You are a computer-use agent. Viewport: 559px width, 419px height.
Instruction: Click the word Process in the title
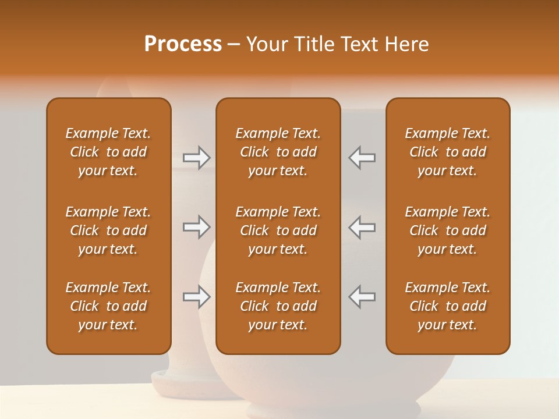183,44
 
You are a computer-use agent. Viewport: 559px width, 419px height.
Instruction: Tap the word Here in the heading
406,44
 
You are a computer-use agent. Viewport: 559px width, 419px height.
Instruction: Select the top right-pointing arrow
197,158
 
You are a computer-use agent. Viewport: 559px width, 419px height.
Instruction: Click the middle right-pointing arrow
197,227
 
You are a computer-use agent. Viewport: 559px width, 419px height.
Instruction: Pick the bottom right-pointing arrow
197,297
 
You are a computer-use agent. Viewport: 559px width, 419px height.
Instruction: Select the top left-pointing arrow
362,158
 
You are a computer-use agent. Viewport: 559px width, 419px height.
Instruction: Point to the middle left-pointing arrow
362,227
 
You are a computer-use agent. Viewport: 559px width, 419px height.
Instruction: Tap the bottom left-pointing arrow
362,297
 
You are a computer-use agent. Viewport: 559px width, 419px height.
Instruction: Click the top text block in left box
108,152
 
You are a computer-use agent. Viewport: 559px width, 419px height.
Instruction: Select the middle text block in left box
108,230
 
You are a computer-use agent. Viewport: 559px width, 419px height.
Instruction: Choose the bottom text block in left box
108,306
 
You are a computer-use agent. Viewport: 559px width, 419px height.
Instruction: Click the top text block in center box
278,152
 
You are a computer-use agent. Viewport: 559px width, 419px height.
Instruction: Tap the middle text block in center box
278,230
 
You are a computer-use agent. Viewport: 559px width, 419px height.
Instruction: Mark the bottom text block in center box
278,306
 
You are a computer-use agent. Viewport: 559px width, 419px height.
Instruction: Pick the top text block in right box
447,152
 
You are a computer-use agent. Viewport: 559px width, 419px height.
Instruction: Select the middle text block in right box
447,230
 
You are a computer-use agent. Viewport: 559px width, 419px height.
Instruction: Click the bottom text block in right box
447,306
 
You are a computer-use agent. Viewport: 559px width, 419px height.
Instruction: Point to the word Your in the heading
267,44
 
